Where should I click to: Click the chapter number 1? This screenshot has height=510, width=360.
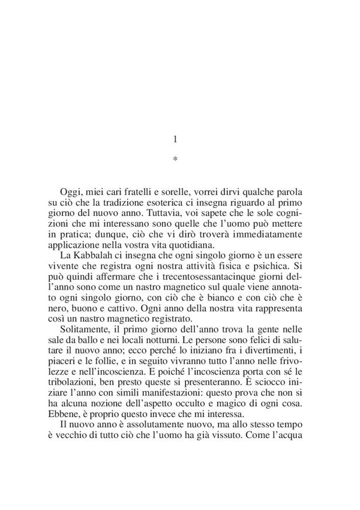pyautogui.click(x=175, y=139)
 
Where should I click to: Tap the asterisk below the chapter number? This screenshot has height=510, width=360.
pyautogui.click(x=175, y=160)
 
